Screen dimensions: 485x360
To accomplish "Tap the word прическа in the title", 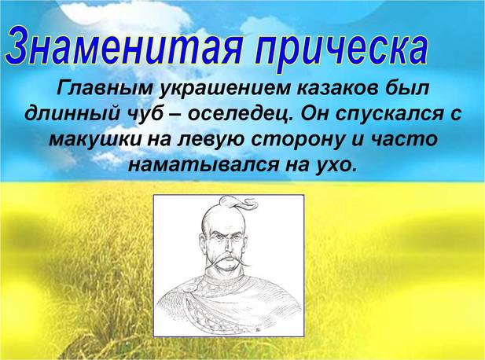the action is [x=341, y=51].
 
